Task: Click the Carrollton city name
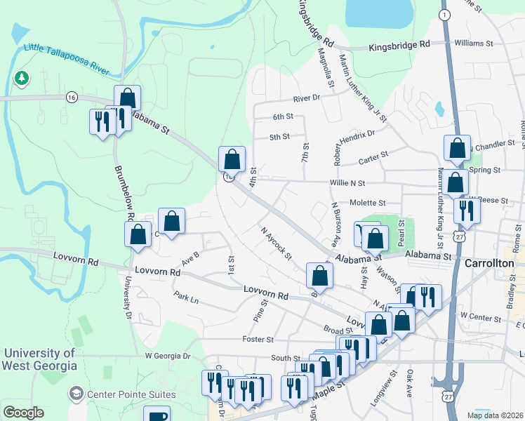pyautogui.click(x=490, y=262)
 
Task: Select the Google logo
pyautogui.click(x=23, y=413)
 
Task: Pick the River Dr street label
pyautogui.click(x=307, y=98)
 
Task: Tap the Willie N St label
pyautogui.click(x=348, y=182)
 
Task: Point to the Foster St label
pyautogui.click(x=258, y=340)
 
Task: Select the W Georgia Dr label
pyautogui.click(x=168, y=356)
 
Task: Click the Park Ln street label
pyautogui.click(x=187, y=298)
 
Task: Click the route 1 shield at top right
pyautogui.click(x=444, y=14)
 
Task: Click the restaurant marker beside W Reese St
pyautogui.click(x=466, y=209)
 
